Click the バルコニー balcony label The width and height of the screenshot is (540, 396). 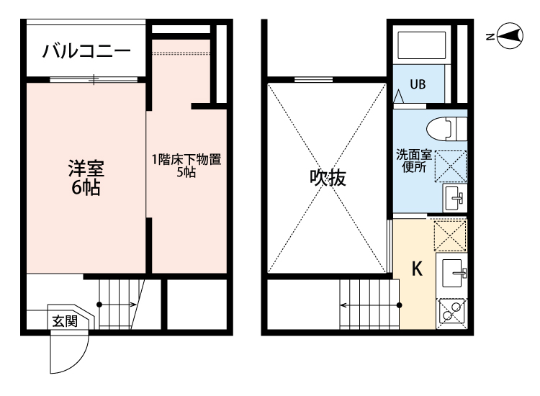coord(86,51)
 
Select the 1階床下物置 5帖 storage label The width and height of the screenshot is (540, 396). coord(186,166)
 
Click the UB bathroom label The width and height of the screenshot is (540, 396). coord(418,83)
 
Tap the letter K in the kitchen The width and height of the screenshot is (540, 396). coord(416,269)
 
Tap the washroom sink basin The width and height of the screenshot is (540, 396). coord(453,197)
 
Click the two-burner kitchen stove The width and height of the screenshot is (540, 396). coord(452,311)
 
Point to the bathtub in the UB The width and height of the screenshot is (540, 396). coord(423,45)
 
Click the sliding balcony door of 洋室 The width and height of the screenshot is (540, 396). coord(94,78)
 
